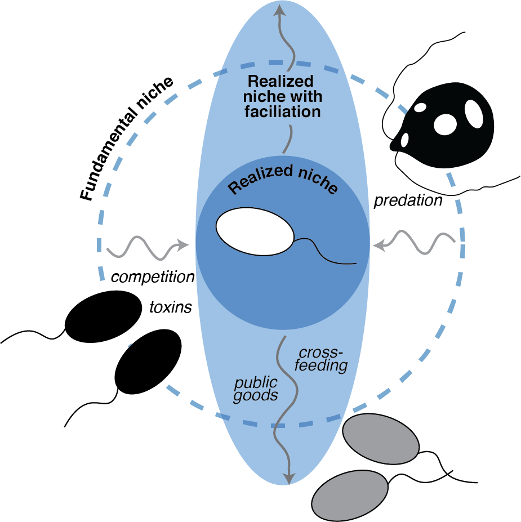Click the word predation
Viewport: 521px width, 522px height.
[x=408, y=200]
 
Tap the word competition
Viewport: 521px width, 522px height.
[x=153, y=276]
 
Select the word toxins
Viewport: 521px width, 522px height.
[x=170, y=307]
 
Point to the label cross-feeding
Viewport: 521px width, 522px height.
[x=322, y=359]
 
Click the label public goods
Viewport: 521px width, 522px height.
[x=256, y=389]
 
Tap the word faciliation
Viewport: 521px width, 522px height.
[x=283, y=111]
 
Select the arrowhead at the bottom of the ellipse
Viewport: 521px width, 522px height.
[x=289, y=479]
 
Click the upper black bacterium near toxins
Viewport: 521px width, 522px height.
[x=104, y=316]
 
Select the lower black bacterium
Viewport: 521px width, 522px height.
[x=148, y=363]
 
